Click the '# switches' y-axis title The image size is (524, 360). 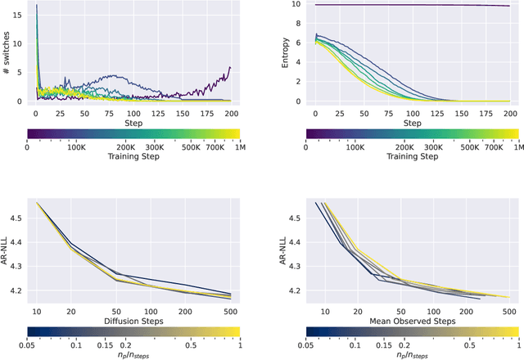[6, 52]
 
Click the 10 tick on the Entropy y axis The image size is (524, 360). [296, 5]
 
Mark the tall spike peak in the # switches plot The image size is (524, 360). [36, 6]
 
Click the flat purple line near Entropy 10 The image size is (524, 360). [409, 6]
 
